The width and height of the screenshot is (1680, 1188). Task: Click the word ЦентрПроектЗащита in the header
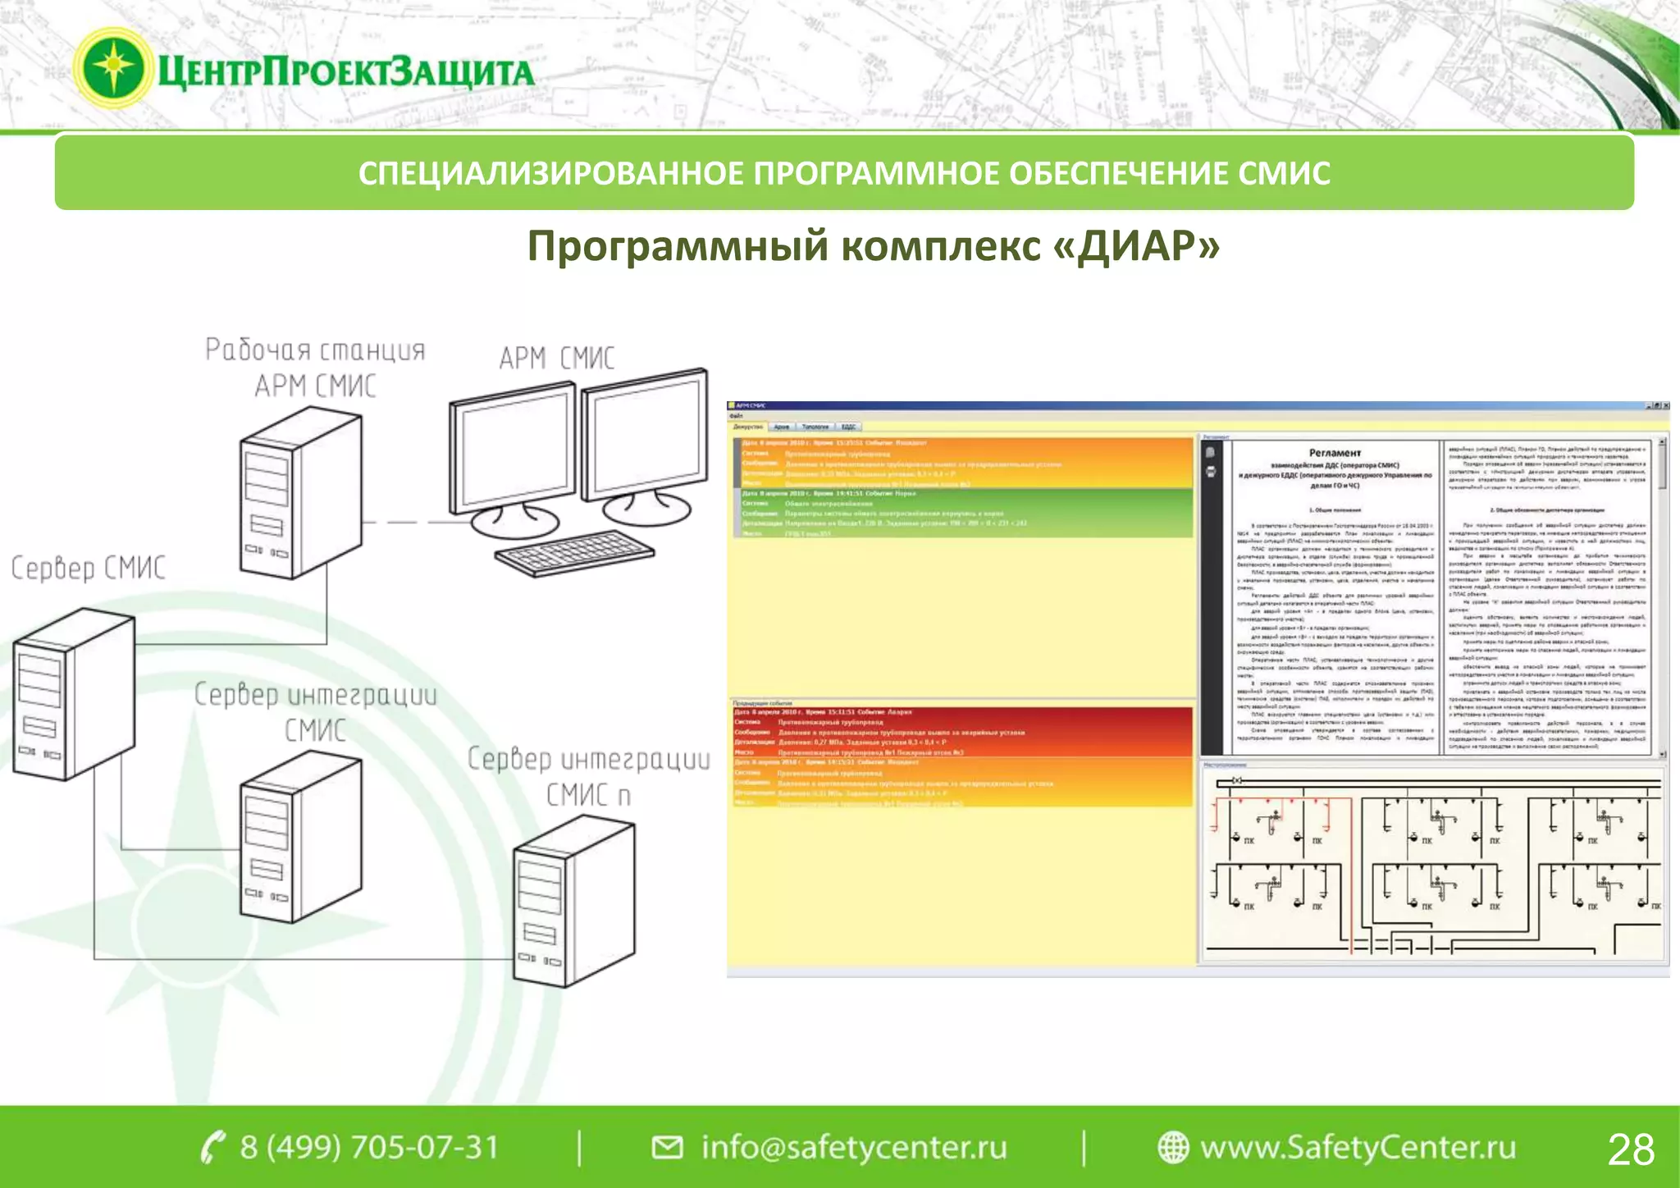pos(345,72)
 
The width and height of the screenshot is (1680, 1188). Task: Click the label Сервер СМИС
pos(89,568)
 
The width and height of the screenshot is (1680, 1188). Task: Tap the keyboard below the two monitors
pos(574,553)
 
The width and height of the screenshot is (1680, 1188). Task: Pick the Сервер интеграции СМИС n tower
pos(573,902)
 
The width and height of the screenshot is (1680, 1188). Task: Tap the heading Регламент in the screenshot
pos(1335,453)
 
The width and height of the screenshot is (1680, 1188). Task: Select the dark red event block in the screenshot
pos(961,732)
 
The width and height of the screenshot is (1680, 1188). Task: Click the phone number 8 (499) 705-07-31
pos(369,1147)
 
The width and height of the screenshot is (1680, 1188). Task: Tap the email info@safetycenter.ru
pos(853,1147)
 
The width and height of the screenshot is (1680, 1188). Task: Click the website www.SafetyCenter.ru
pos(1358,1147)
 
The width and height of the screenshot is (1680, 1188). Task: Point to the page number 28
pos(1631,1149)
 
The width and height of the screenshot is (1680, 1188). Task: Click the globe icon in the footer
pos(1172,1147)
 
